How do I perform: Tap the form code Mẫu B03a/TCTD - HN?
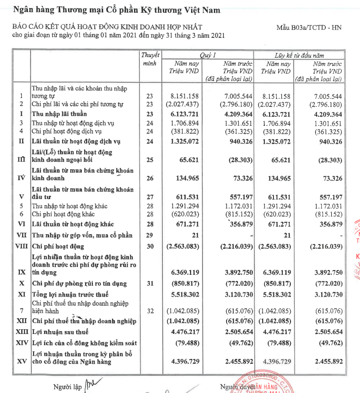coord(308,27)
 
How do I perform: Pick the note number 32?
coord(150,311)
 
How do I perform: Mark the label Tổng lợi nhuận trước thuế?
coord(70,294)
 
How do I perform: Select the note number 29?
coord(150,235)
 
